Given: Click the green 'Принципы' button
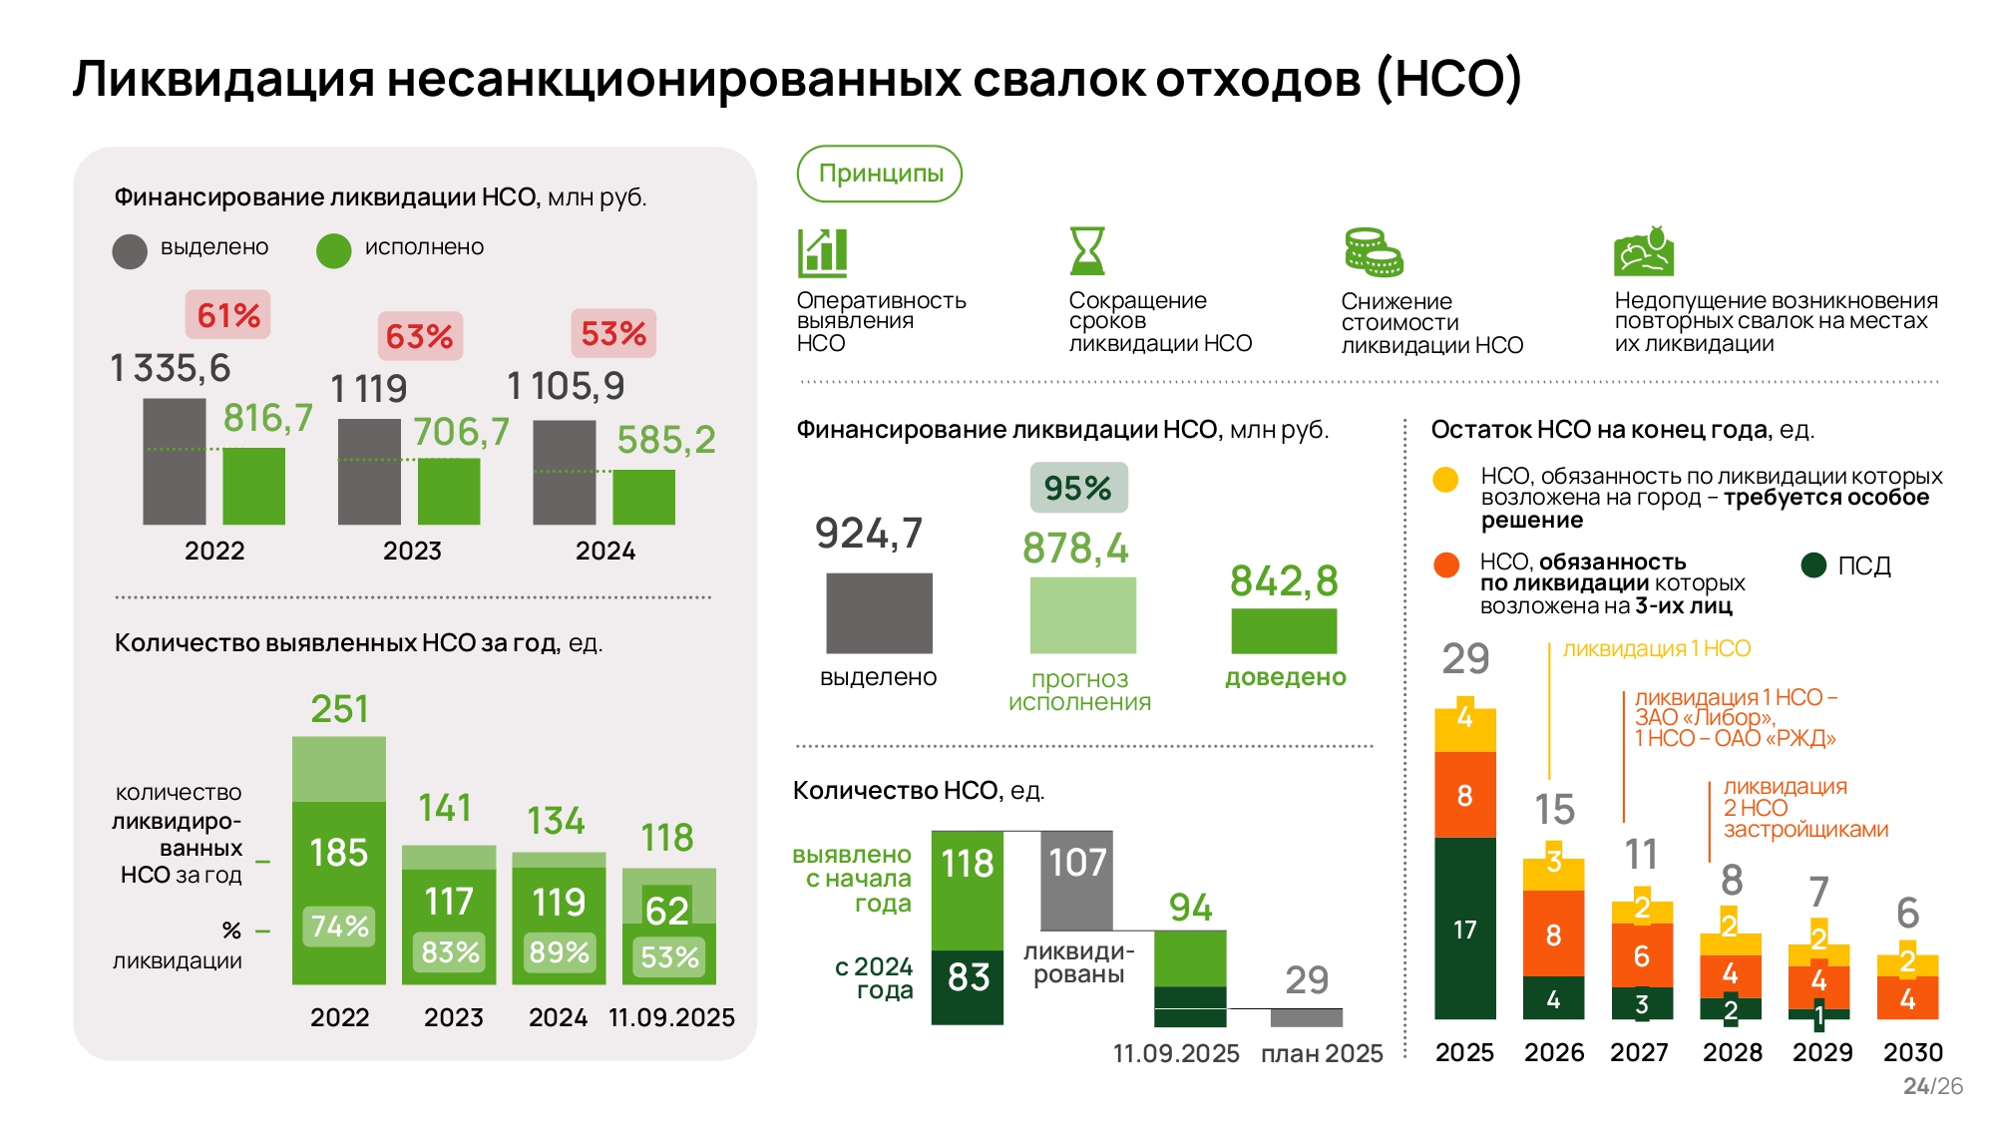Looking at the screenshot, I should (x=880, y=174).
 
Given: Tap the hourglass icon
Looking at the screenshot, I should (x=1086, y=250).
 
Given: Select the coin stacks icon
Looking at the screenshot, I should (x=1373, y=252).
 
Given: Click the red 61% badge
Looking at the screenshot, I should (x=227, y=315).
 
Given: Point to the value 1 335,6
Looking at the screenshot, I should (x=171, y=369).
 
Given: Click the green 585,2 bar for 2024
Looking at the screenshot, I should (x=643, y=497).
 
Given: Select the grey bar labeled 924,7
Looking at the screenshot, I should (x=879, y=612).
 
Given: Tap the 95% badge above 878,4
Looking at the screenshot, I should (x=1078, y=488).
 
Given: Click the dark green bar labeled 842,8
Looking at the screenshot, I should (x=1284, y=630).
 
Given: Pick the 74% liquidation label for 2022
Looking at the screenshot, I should (x=339, y=927).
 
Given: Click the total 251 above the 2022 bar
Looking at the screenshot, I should (x=339, y=709).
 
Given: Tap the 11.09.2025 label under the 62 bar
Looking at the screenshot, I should (x=671, y=1017).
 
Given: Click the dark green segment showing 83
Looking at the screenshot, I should (x=968, y=987).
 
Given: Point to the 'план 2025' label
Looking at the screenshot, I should (x=1322, y=1053).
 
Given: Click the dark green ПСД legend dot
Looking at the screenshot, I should (x=1813, y=565).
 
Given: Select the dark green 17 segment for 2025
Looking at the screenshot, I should (x=1464, y=929).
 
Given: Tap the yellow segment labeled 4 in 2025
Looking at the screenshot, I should (x=1464, y=725).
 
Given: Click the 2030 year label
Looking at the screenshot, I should (x=1912, y=1052).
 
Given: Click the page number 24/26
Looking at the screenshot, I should (x=1932, y=1086).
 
